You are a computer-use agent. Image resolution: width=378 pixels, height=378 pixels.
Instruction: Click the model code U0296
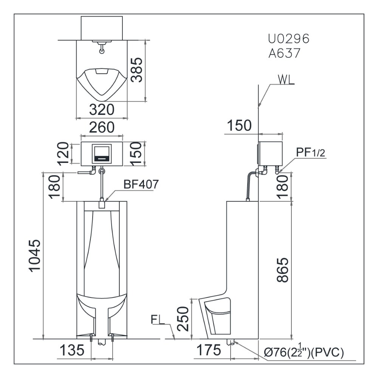289,39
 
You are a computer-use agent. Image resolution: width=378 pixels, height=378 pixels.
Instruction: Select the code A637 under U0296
284,53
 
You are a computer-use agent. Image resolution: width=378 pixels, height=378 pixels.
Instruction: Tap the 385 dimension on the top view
136,70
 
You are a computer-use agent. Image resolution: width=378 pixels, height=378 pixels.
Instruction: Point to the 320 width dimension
101,110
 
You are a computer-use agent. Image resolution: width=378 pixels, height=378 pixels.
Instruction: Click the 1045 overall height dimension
36,256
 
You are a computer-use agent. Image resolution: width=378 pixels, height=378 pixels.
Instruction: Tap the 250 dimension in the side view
183,318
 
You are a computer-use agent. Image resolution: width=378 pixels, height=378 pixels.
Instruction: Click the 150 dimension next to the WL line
239,125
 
